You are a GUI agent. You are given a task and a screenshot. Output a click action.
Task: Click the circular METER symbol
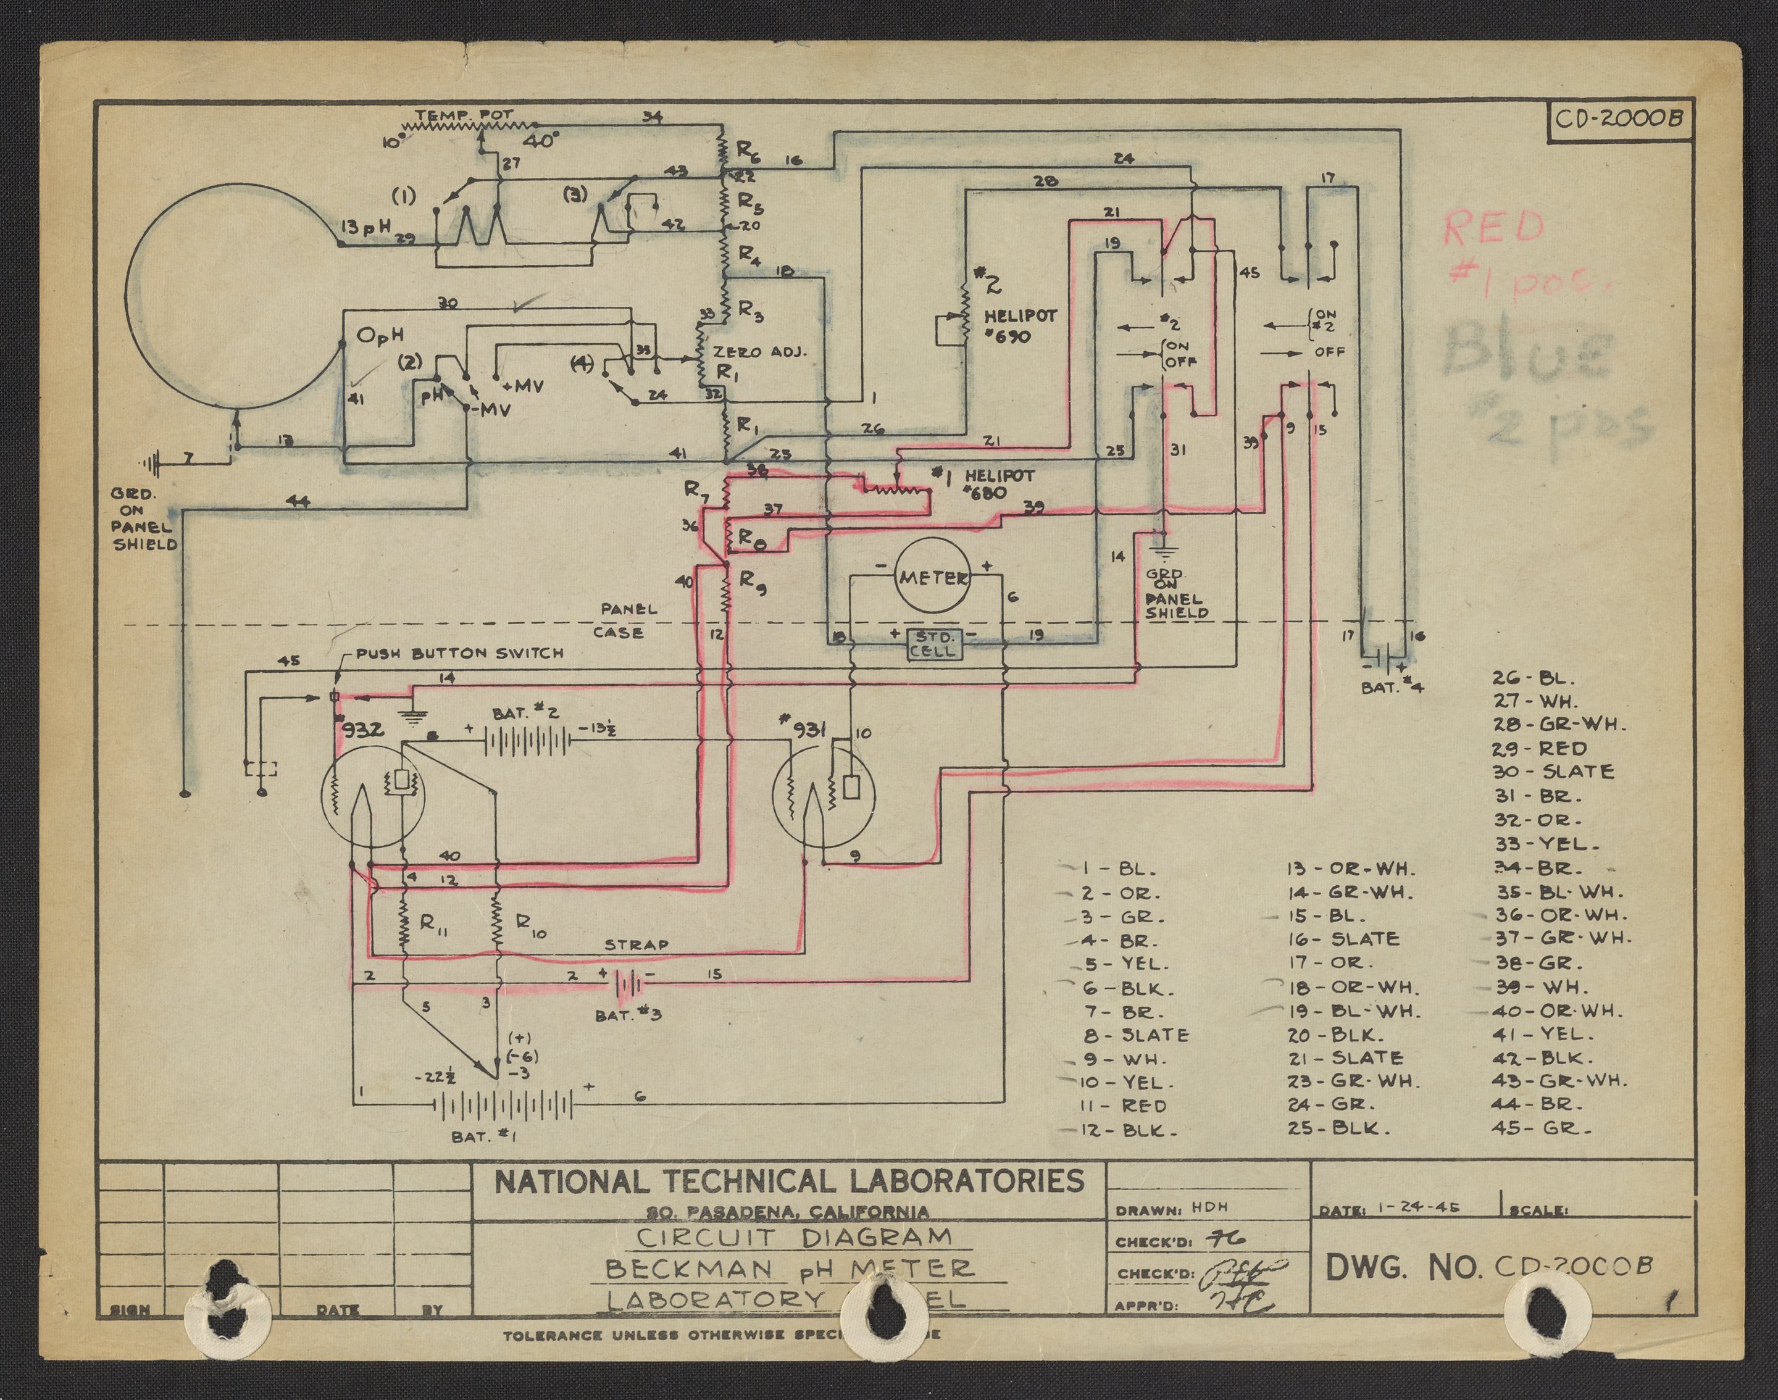pyautogui.click(x=932, y=577)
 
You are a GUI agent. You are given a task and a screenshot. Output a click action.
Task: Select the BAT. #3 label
pyautogui.click(x=628, y=1015)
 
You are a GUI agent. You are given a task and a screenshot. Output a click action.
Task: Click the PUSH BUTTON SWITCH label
pyautogui.click(x=459, y=653)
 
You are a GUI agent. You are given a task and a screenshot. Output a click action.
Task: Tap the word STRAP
pyautogui.click(x=636, y=944)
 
